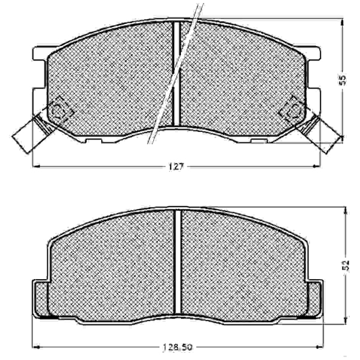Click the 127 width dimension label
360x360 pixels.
[177, 166]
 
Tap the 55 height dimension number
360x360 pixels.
[342, 80]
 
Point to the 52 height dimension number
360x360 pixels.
[346, 265]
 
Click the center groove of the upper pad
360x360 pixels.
[176, 74]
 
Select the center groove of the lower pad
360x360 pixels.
[178, 262]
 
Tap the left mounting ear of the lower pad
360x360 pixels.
[41, 299]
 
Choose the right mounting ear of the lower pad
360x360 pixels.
[314, 299]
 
